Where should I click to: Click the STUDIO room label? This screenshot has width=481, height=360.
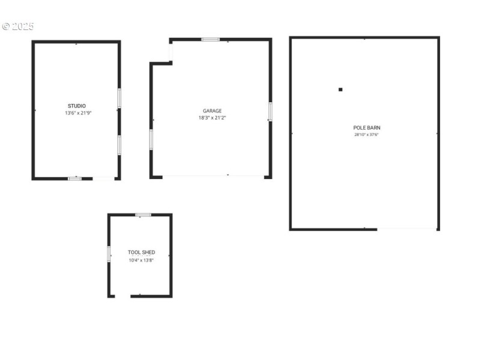pos(76,106)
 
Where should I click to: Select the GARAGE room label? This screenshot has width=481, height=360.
pos(212,111)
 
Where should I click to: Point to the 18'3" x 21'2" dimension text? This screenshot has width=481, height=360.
pos(212,118)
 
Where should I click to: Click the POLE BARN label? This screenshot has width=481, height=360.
pos(366,127)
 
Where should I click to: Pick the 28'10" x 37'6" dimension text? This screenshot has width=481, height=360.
pos(366,135)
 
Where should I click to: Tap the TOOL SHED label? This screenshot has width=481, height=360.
pos(141,252)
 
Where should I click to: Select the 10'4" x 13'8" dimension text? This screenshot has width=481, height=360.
pos(141,260)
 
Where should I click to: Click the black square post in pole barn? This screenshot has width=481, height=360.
pos(340,90)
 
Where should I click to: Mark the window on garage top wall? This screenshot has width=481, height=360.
pos(210,40)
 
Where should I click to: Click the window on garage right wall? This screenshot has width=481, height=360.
pos(270,111)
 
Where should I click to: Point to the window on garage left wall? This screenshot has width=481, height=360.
pos(152,139)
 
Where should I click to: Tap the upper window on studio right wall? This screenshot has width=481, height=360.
pos(119,98)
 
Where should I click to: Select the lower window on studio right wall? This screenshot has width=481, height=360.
pos(119,145)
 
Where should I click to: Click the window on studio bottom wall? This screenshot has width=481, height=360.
pos(75,178)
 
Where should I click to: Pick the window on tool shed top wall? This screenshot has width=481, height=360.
pos(143,215)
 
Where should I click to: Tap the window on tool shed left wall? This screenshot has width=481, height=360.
pos(109,254)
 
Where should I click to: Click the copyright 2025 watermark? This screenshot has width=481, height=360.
pos(18,26)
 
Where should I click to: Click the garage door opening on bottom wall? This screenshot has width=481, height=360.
pos(213,176)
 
